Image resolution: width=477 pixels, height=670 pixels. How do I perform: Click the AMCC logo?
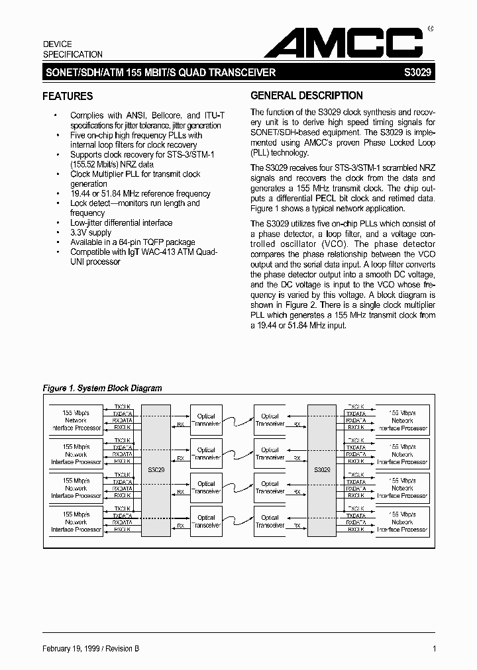click(x=345, y=44)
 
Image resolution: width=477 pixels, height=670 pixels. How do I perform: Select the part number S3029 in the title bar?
click(x=419, y=73)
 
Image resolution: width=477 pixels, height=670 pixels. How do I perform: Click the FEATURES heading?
click(x=68, y=97)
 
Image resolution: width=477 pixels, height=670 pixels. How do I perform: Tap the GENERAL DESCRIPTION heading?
click(x=307, y=96)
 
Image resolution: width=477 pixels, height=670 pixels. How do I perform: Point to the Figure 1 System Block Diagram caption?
click(x=102, y=389)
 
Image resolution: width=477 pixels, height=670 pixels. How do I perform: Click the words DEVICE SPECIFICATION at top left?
click(x=73, y=49)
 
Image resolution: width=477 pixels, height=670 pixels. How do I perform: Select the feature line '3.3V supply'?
click(x=91, y=232)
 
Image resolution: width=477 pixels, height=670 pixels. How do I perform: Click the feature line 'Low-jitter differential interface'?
click(x=121, y=223)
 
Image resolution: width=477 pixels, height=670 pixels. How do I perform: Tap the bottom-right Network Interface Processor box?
click(x=402, y=522)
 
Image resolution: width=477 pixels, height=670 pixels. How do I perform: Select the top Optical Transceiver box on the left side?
click(x=206, y=420)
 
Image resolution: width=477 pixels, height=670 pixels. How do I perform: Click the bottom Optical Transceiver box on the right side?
click(x=270, y=522)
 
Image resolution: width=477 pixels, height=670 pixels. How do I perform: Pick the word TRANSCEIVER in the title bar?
click(x=242, y=73)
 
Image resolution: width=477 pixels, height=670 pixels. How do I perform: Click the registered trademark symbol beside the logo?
click(x=430, y=28)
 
